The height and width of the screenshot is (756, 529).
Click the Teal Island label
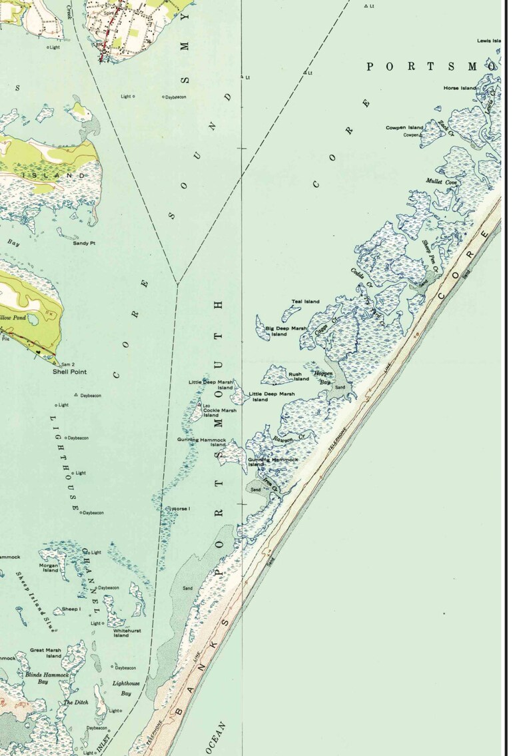[305, 302]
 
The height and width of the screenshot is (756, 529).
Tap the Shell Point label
[70, 372]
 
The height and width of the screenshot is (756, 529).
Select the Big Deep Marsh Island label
[286, 331]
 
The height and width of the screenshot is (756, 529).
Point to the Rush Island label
[298, 377]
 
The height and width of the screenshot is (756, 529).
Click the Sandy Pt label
[85, 244]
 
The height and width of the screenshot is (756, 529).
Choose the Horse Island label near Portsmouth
[460, 88]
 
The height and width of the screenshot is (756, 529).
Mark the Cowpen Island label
[404, 127]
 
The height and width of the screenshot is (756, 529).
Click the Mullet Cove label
[442, 182]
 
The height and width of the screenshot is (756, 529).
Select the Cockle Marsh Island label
[220, 413]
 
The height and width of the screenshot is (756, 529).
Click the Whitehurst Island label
[121, 633]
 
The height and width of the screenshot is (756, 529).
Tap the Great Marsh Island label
[45, 653]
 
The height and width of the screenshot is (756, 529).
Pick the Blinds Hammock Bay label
[47, 678]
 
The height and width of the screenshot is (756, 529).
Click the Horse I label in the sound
[181, 509]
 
